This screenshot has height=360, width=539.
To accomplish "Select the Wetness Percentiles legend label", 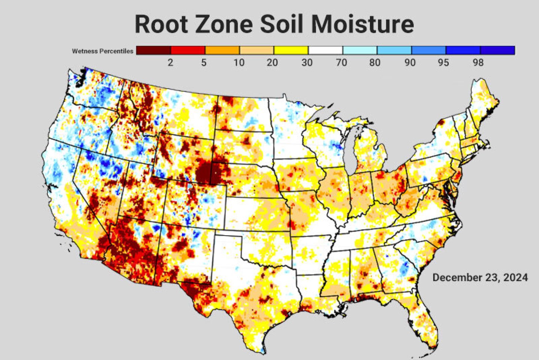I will [103, 51].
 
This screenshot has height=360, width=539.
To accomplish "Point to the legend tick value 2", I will [170, 62].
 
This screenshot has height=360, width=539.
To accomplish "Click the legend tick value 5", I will [204, 62].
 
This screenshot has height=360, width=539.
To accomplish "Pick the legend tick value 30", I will [307, 62].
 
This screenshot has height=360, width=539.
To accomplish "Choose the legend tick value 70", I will [341, 62].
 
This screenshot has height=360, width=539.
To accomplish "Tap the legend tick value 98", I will [478, 62].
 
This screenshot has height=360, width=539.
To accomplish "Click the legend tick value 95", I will [444, 62].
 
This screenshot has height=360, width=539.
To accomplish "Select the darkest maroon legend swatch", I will [153, 50].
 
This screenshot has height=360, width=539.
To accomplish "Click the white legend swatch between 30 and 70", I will [325, 50].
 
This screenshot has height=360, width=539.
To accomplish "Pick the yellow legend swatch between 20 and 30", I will [291, 50].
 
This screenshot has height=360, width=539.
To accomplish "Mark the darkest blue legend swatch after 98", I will [497, 50].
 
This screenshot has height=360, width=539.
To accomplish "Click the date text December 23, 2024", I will [480, 278].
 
